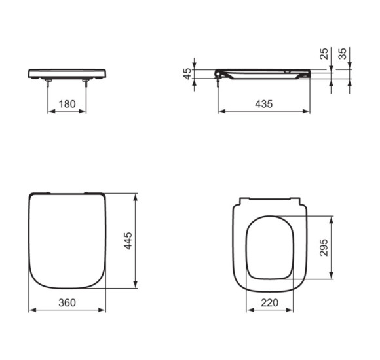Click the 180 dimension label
click(67, 103)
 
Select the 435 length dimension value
click(263, 103)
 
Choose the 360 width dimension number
click(67, 302)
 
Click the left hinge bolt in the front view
click(48, 83)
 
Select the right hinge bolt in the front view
click(85, 83)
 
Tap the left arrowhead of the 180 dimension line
click(50, 111)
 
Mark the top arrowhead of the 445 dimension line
click(136, 196)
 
